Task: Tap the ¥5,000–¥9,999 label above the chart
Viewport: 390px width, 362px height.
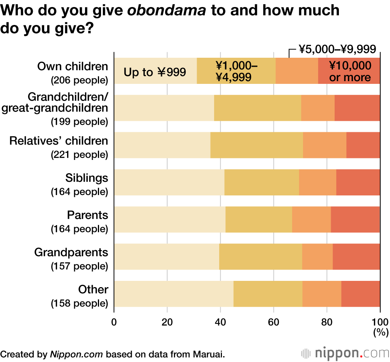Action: click(x=337, y=50)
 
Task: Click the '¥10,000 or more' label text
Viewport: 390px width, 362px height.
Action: click(x=350, y=71)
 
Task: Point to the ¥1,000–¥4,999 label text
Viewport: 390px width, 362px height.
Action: click(x=236, y=71)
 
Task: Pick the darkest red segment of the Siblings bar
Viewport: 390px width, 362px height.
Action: click(x=358, y=182)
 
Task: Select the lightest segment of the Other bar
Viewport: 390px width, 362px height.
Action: click(x=174, y=294)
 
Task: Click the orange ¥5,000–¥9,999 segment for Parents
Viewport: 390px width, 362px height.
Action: click(x=311, y=219)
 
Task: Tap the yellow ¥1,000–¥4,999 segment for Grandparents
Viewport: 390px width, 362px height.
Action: click(x=261, y=257)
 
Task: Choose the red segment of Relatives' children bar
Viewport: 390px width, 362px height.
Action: click(x=363, y=145)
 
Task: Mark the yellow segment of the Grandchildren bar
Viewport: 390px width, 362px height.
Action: click(x=257, y=108)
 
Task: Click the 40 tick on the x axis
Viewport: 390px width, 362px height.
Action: click(x=220, y=322)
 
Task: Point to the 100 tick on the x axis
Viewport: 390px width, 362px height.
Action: click(x=380, y=322)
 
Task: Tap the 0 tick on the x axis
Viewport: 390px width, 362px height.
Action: click(x=114, y=322)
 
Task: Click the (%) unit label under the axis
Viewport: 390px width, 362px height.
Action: click(x=380, y=333)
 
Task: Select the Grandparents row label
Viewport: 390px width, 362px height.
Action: click(x=71, y=252)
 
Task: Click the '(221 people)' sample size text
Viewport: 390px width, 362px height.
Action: click(x=79, y=155)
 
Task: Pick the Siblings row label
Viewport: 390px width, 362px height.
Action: click(x=87, y=178)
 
